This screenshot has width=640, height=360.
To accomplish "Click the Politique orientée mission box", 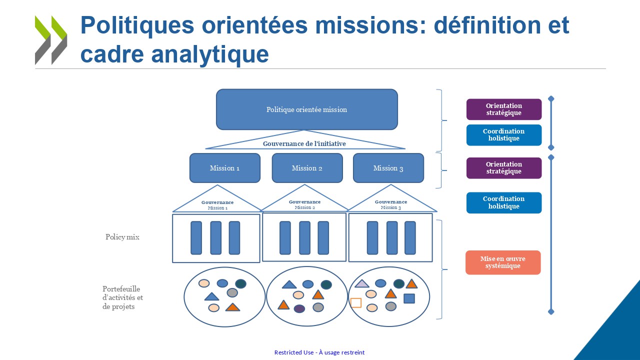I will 306,109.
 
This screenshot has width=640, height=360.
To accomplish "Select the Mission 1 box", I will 224,168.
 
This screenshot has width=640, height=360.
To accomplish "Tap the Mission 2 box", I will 307,168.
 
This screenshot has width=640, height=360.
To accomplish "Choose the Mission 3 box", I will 388,168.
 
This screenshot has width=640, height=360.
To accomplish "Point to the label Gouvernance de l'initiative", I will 304,144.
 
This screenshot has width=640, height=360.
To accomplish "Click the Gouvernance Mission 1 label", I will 217,205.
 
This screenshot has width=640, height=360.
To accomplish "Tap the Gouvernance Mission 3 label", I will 390,204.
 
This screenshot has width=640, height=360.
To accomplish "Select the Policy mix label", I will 122,237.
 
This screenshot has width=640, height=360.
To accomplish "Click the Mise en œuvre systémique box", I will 502,262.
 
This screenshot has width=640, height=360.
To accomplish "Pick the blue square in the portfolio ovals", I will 409,298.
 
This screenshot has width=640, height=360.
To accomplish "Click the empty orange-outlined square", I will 356,302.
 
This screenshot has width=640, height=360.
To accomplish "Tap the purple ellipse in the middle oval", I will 299,308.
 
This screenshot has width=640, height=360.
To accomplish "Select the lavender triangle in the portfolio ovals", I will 362,284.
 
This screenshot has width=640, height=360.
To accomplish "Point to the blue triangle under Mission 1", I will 212,296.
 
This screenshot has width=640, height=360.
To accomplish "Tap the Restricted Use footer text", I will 319,352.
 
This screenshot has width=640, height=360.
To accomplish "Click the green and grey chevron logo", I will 51,40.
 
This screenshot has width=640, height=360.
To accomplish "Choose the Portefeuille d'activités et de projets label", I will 122,297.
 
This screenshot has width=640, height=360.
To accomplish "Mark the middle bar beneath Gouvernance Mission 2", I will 304,238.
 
